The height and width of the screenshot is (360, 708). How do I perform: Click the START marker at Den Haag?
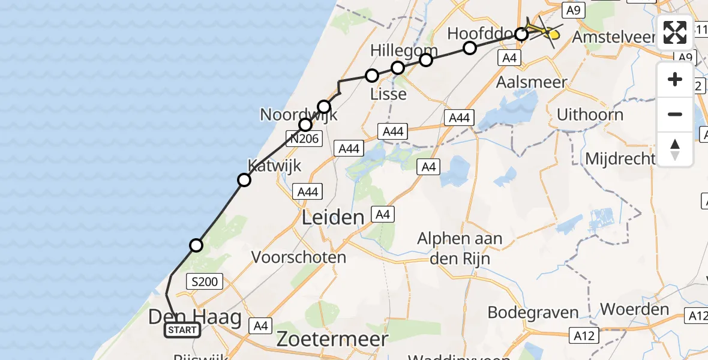(182, 330)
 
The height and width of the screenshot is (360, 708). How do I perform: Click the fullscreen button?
(675, 32)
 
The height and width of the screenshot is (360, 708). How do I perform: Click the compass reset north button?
(675, 149)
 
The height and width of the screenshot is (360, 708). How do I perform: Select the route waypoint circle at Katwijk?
(244, 179)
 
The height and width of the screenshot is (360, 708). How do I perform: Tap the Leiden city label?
(333, 217)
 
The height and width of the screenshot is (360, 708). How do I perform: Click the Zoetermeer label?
(332, 339)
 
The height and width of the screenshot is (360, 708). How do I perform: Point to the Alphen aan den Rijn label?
(460, 248)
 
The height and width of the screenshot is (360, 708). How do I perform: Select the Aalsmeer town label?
(532, 82)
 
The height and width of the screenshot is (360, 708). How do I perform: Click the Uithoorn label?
(590, 114)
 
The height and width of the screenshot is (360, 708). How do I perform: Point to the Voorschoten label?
(299, 257)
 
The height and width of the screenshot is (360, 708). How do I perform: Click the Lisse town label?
(388, 94)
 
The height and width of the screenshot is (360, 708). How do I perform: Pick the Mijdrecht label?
(620, 158)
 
